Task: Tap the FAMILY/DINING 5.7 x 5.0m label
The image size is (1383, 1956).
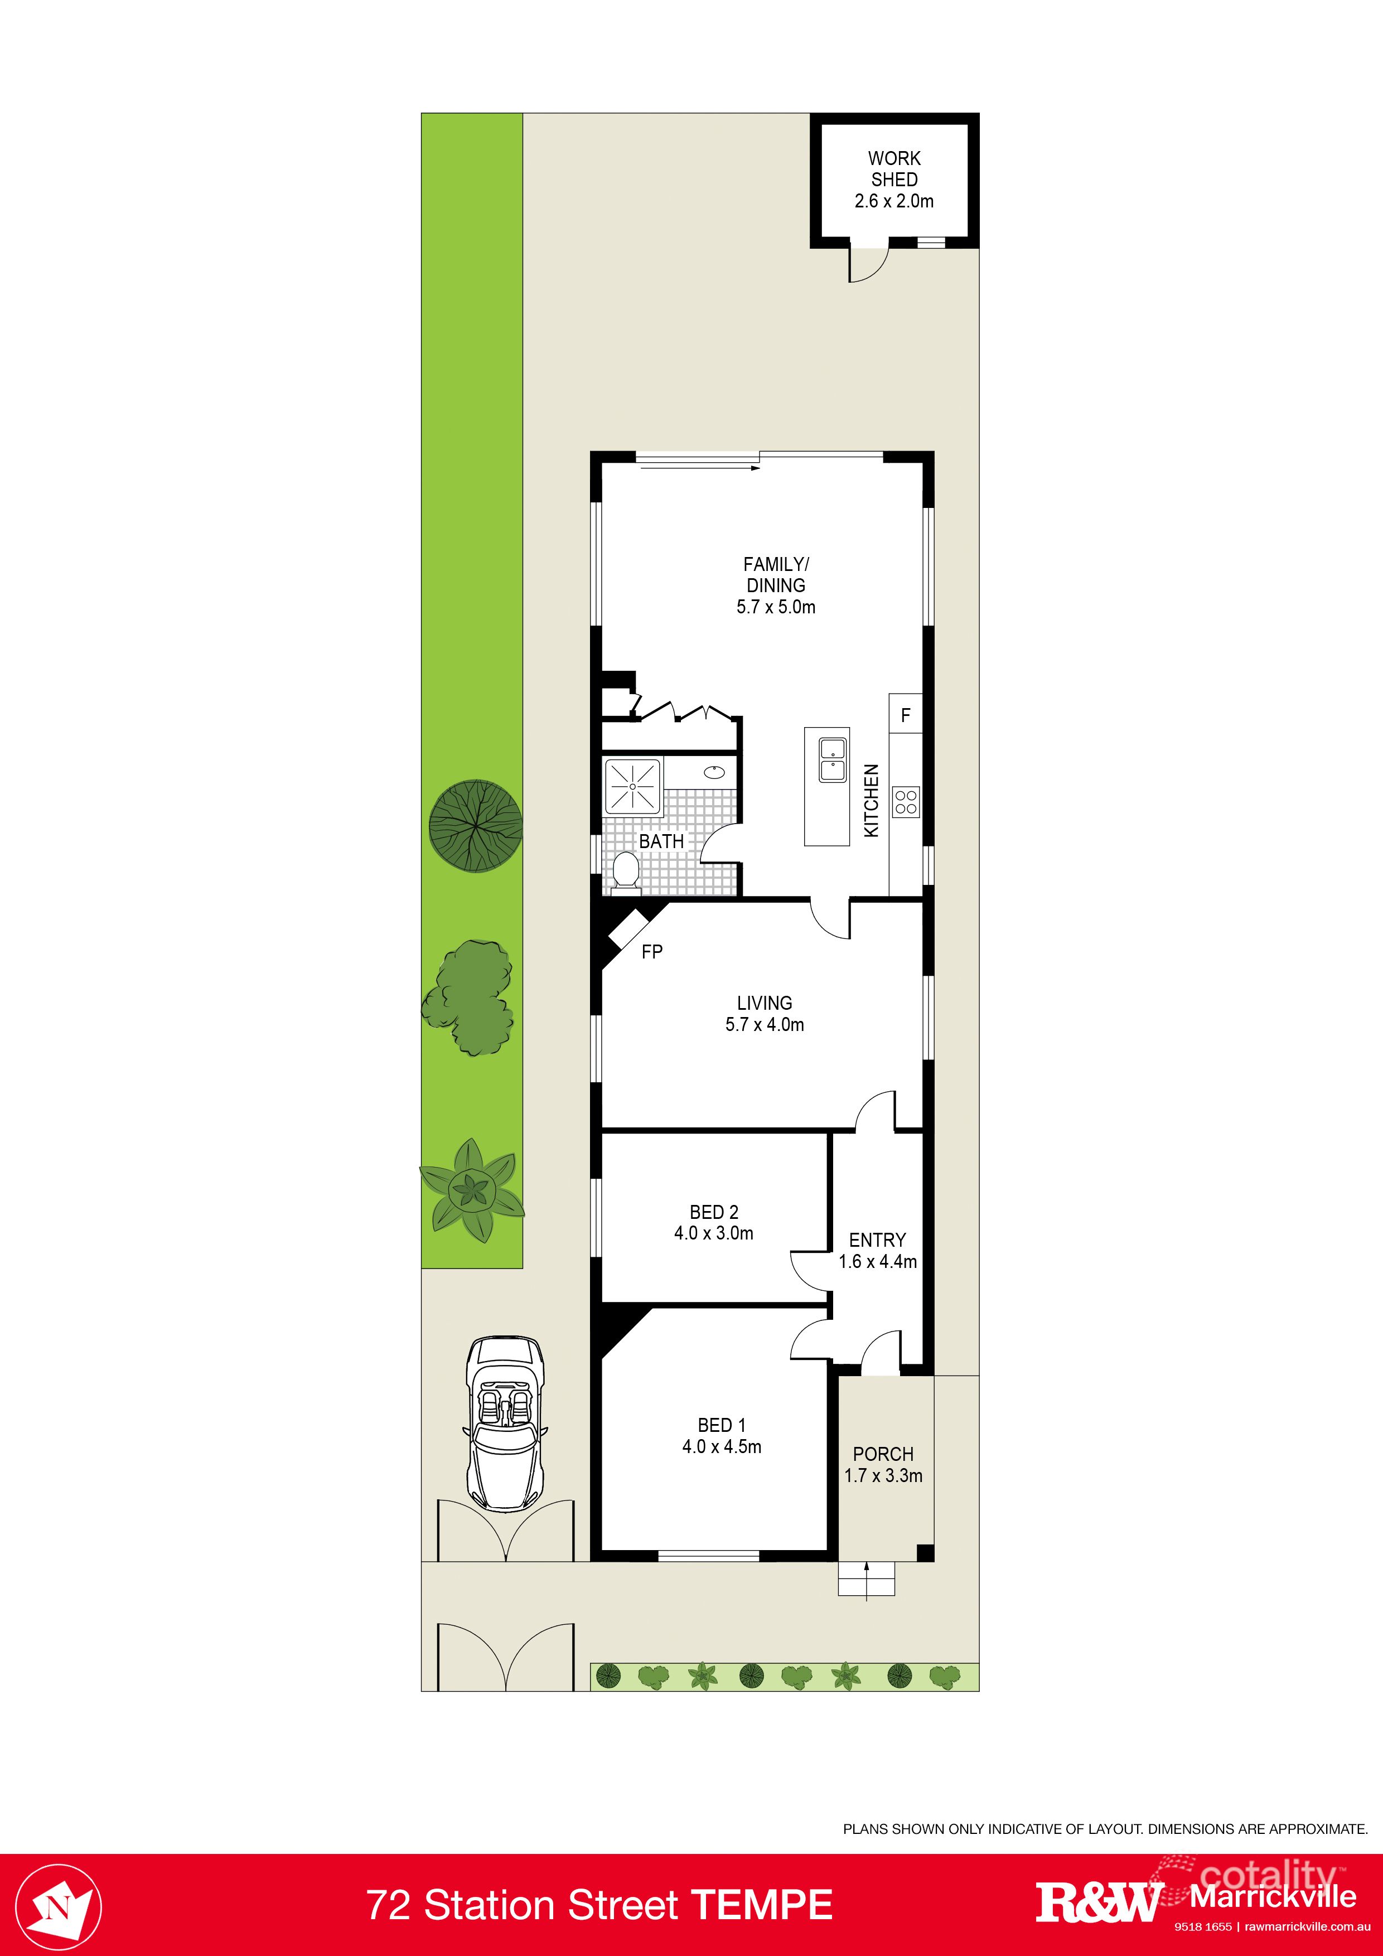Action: point(776,585)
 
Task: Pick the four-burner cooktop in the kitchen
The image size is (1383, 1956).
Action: point(906,802)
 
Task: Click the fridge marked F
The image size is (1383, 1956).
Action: point(906,715)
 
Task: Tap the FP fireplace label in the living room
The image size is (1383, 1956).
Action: point(652,952)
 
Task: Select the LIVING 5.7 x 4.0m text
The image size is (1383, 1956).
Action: point(765,1014)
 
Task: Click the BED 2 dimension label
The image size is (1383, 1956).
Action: point(713,1233)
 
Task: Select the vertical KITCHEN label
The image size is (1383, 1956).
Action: point(871,800)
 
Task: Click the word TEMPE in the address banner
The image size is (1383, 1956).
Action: point(761,1905)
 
